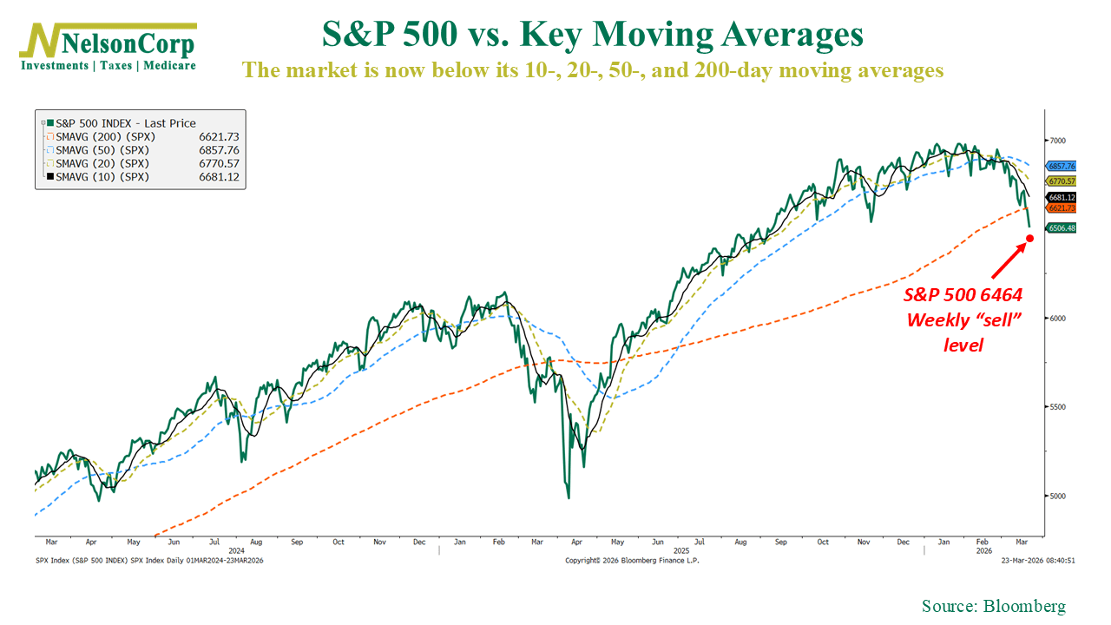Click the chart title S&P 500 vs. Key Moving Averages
click(592, 35)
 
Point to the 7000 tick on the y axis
click(1057, 140)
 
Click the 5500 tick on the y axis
click(1057, 407)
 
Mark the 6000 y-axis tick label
click(1057, 319)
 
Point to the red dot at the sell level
click(1029, 238)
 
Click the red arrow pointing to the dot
click(1007, 262)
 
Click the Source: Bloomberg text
click(993, 606)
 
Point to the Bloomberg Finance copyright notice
click(631, 561)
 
